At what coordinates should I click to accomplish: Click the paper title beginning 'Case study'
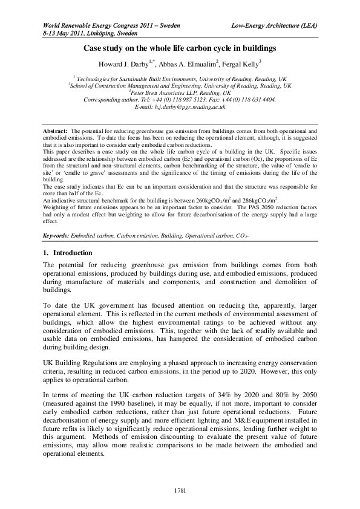click(x=180, y=47)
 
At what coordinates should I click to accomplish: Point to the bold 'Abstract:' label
click(x=55, y=131)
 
